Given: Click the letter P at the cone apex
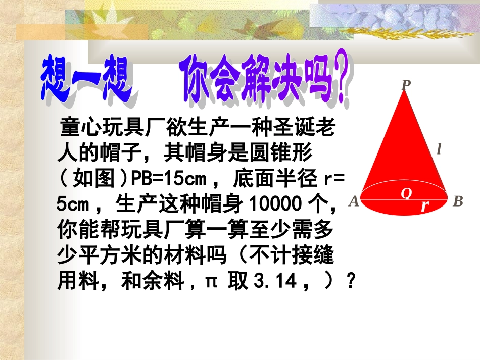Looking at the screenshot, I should pyautogui.click(x=405, y=85).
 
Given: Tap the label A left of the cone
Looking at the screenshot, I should pyautogui.click(x=354, y=202).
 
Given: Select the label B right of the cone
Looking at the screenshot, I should pyautogui.click(x=458, y=202).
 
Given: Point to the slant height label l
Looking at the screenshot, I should pyautogui.click(x=439, y=149).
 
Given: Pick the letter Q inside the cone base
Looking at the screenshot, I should pyautogui.click(x=406, y=193).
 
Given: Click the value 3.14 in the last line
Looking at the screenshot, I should pyautogui.click(x=275, y=281).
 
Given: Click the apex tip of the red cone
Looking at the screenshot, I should pyautogui.click(x=405, y=93).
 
